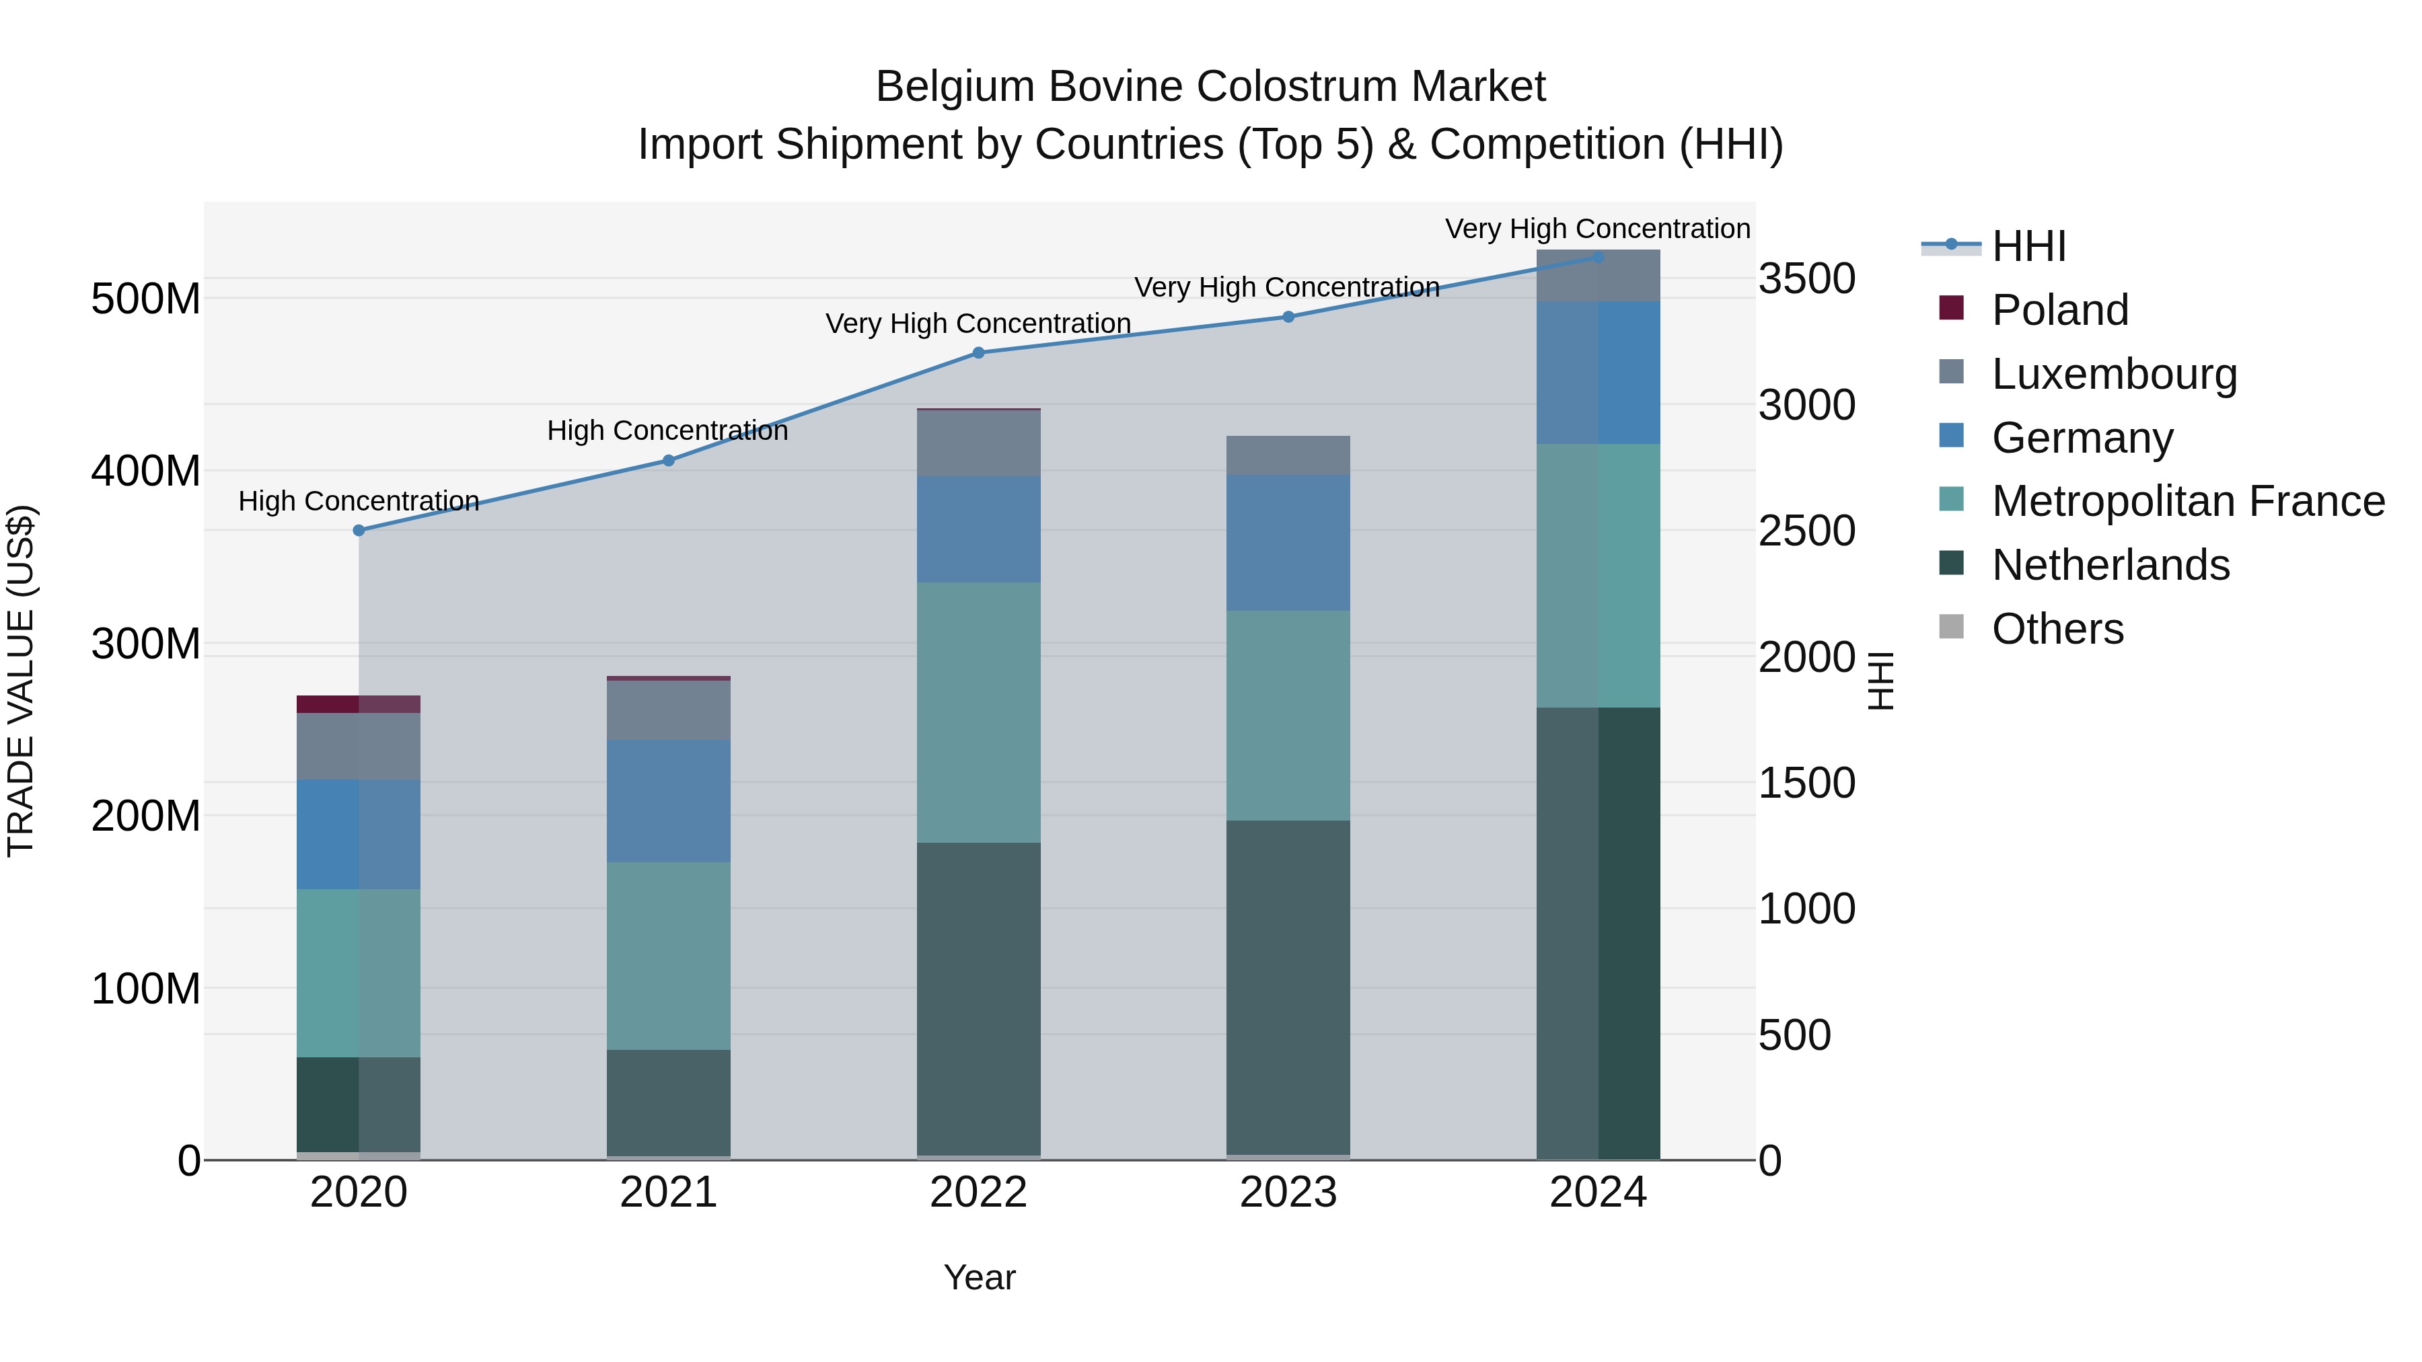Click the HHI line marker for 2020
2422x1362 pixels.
pyautogui.click(x=358, y=530)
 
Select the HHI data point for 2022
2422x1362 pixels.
pyautogui.click(x=978, y=352)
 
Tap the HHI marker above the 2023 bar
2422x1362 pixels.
pyautogui.click(x=1288, y=317)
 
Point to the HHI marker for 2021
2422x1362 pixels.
pyautogui.click(x=669, y=461)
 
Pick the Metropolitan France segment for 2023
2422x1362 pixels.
pyautogui.click(x=1288, y=716)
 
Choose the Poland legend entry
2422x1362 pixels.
pyautogui.click(x=2059, y=309)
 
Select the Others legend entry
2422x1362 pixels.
pyautogui.click(x=2057, y=629)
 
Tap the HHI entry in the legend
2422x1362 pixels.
pyautogui.click(x=2028, y=246)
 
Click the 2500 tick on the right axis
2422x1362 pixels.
pyautogui.click(x=1807, y=531)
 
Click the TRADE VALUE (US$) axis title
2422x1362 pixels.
pyautogui.click(x=21, y=681)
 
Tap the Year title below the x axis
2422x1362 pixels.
pyautogui.click(x=979, y=1277)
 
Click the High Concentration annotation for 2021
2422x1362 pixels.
pyautogui.click(x=667, y=430)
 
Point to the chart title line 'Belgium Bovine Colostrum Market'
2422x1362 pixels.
pyautogui.click(x=1210, y=87)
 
